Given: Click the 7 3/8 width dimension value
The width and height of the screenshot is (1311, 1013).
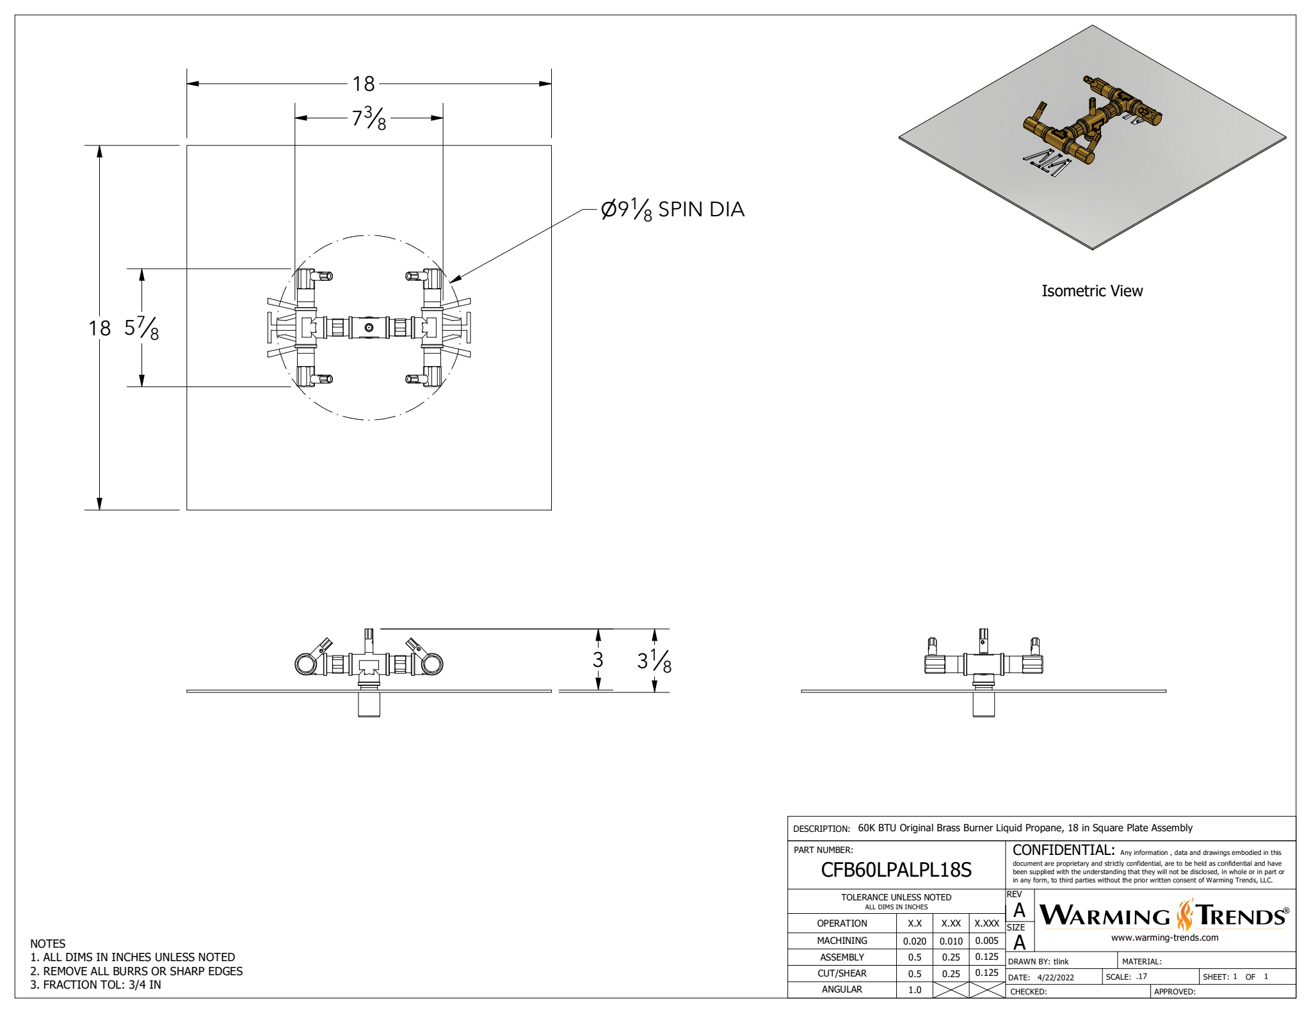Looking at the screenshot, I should [x=369, y=118].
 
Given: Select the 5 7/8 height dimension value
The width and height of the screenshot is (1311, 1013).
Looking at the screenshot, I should [x=141, y=328].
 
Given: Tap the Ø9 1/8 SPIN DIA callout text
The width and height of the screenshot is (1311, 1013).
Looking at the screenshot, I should [x=672, y=210].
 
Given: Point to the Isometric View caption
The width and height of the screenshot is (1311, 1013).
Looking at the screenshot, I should [x=1091, y=291].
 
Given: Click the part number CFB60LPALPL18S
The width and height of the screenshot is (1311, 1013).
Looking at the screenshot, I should [x=896, y=870].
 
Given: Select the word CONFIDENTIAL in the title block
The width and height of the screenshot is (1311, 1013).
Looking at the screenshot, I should [x=1063, y=850].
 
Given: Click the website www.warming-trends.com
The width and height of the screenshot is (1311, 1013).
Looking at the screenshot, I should [x=1164, y=937].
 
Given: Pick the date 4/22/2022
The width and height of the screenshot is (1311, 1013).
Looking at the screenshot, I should [x=1056, y=977].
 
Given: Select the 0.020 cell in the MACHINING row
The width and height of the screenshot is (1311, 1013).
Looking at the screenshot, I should [x=914, y=941].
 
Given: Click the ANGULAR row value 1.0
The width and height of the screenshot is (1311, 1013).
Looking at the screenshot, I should [x=915, y=989].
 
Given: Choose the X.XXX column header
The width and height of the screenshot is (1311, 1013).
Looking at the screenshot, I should [x=986, y=923].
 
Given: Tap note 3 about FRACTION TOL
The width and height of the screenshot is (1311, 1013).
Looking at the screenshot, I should [x=95, y=985].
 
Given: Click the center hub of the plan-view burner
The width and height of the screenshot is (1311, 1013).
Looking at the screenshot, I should [x=369, y=328].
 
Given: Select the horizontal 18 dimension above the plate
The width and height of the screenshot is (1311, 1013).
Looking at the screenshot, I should [x=364, y=84].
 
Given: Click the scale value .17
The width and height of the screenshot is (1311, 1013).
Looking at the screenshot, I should [x=1141, y=977].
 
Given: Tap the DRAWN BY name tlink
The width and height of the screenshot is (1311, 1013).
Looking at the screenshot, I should [x=1061, y=961].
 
